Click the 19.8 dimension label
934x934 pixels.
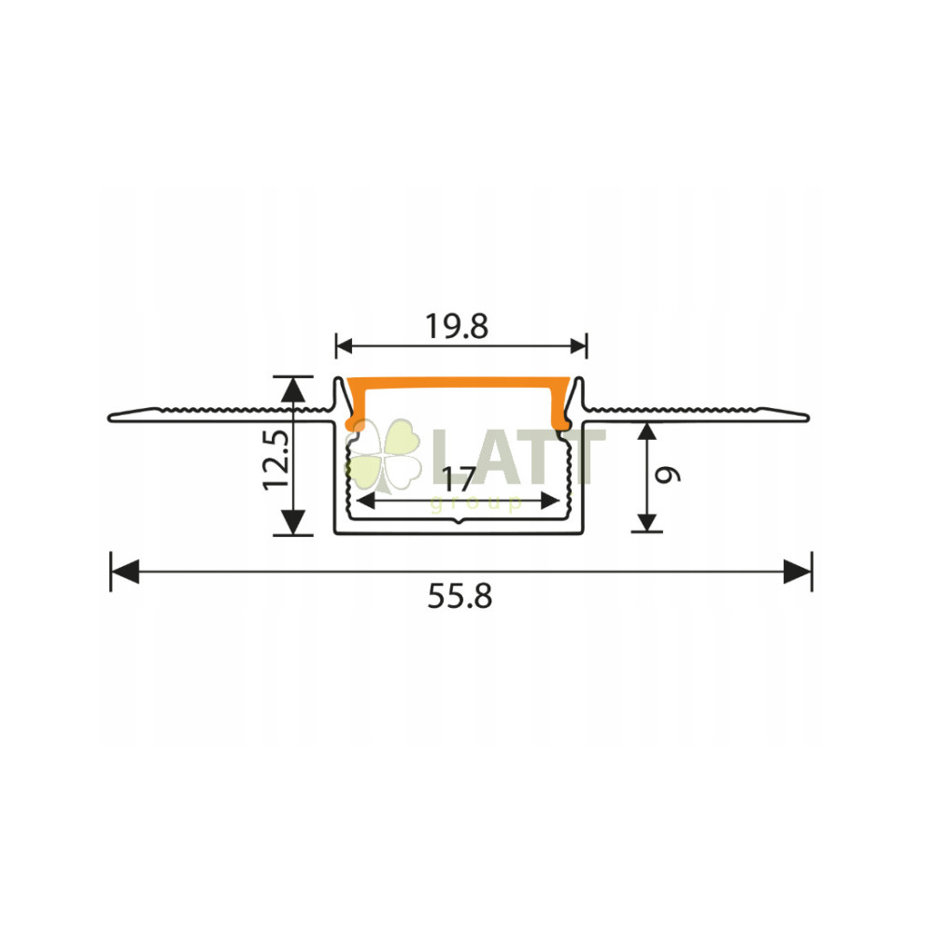click(x=457, y=326)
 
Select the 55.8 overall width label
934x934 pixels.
click(x=460, y=596)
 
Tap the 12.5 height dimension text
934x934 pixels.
click(x=277, y=460)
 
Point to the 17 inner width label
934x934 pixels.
click(x=459, y=478)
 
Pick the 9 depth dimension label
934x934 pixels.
click(x=668, y=474)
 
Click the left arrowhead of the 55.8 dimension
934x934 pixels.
click(x=125, y=572)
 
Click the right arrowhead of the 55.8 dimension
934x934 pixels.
click(x=798, y=572)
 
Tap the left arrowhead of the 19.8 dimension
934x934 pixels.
click(x=345, y=346)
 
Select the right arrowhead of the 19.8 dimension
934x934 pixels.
click(x=578, y=346)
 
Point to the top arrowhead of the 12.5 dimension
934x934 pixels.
click(x=292, y=389)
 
